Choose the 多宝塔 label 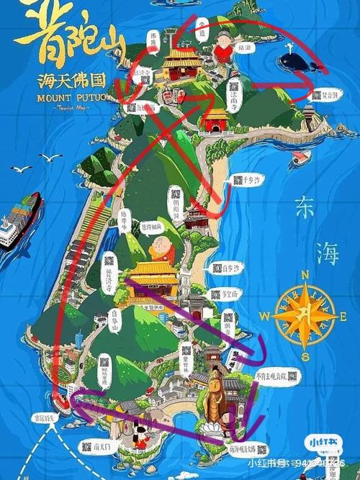point(230,294)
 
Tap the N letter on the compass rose point(305,274)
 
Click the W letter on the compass point(265,315)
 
